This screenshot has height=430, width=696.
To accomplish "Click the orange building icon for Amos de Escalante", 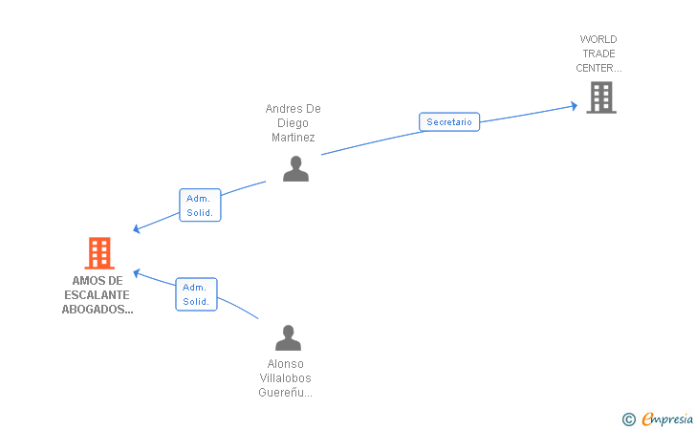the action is [99, 253].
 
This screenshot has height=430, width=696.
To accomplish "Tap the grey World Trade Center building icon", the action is [600, 97].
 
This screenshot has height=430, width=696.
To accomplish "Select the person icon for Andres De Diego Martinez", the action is [295, 168].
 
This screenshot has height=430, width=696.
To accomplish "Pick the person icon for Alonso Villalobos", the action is [287, 338].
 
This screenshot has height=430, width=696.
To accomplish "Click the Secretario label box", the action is [448, 122].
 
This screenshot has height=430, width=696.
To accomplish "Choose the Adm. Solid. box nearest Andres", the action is [200, 205].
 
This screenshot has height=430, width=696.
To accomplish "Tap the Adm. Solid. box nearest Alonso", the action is [196, 294].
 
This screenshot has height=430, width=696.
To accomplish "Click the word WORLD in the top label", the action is [598, 39].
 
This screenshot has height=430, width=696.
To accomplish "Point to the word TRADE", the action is [598, 54].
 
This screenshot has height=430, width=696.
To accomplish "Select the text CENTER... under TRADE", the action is [598, 68].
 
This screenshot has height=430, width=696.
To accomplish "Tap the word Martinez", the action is [293, 138].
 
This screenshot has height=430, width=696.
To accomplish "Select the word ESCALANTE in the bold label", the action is [98, 295].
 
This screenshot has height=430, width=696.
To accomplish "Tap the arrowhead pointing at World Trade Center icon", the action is [574, 105].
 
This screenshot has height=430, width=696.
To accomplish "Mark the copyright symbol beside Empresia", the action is [628, 419].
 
